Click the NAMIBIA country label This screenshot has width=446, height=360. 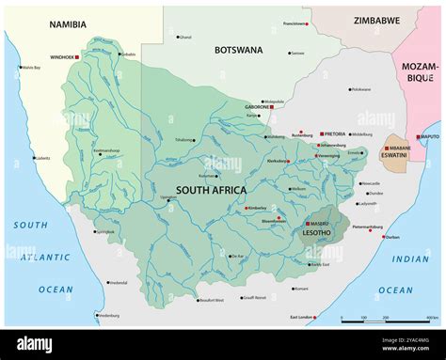(67, 24)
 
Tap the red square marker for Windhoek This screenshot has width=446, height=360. (77, 57)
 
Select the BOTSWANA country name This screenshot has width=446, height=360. (238, 49)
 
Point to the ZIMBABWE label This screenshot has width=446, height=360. (376, 20)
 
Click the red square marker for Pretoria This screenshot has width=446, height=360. (321, 134)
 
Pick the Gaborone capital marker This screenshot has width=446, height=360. (272, 107)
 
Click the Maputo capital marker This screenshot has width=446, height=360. (419, 137)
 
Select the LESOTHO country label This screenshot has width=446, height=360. (316, 232)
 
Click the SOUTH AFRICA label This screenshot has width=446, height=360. (211, 190)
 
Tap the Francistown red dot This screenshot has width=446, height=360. (309, 23)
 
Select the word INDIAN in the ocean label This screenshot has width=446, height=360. (410, 258)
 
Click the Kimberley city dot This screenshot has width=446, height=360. (246, 208)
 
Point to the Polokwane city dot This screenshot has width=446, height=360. (347, 89)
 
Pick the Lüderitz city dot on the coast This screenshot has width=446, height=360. (34, 158)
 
